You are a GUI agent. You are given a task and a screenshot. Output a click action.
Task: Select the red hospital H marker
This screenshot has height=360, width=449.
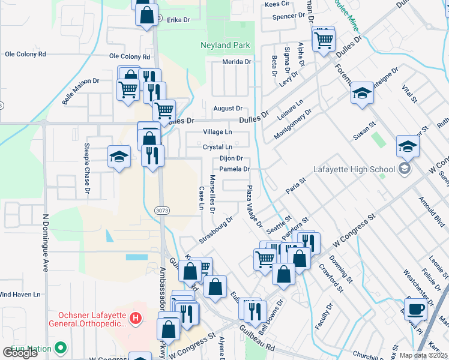click(136, 317)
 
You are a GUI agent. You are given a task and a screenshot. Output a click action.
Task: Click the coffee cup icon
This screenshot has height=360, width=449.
click(414, 308)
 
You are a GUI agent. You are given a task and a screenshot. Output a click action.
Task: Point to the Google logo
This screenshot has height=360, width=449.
click(20, 353)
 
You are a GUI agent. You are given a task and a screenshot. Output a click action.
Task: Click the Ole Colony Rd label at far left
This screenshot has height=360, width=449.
click(25, 54)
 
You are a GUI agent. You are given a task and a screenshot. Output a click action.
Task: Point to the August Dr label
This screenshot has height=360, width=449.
click(228, 109)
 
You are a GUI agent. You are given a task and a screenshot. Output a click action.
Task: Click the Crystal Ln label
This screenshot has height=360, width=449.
click(217, 146)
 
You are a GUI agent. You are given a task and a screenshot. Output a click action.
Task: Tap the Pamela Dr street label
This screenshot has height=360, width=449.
click(234, 169)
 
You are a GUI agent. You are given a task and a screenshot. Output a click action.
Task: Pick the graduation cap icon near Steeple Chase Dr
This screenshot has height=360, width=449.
click(119, 157)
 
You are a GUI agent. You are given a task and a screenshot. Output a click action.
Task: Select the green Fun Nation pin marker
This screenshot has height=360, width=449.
click(60, 347)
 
